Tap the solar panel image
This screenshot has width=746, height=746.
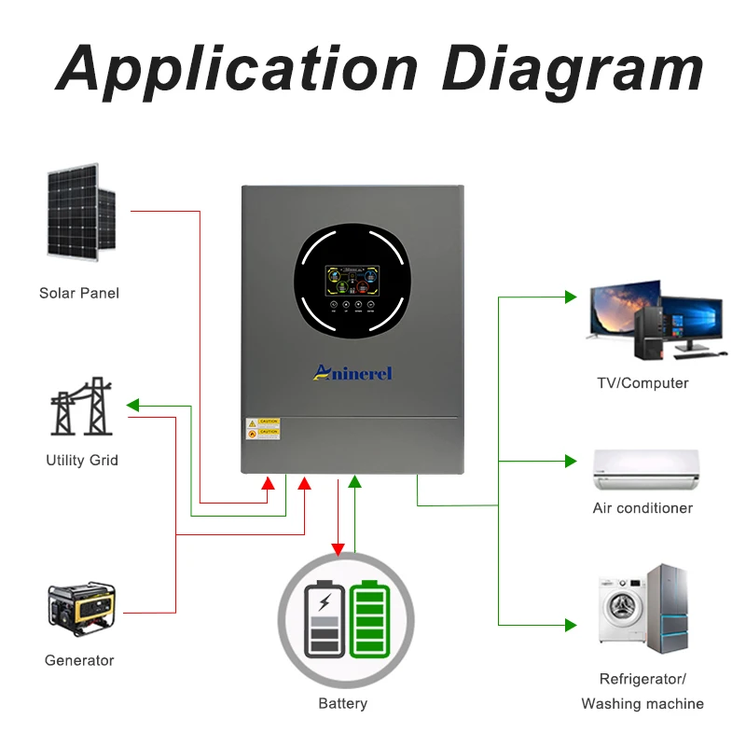80,212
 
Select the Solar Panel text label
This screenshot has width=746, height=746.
79,293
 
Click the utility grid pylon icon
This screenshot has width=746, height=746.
81,408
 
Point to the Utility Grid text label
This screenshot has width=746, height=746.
82,461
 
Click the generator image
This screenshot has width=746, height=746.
81,606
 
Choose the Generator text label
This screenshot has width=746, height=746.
79,660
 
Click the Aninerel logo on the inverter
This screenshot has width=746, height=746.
352,373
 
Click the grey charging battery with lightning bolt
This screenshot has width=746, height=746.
324,621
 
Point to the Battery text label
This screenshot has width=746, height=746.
343,704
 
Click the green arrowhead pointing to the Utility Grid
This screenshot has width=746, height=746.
132,406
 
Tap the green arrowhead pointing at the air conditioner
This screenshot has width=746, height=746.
571,461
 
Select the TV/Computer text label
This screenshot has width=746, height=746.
642,383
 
